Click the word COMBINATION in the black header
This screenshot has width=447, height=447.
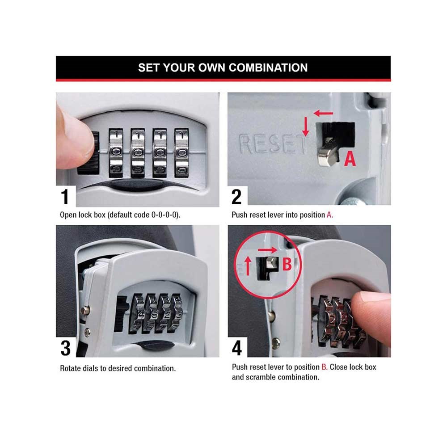pos(268,68)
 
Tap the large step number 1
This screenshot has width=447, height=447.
pos(65,197)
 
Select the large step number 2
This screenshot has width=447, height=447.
pos(236,197)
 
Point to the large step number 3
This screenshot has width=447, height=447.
pos(66,348)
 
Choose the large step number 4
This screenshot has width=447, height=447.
pos(237,348)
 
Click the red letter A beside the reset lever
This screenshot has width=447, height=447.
pos(350,159)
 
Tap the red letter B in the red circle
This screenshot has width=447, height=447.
pos(287,264)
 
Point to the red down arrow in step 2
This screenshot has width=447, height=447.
pos(306,127)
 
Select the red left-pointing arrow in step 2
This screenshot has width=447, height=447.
pos(323,114)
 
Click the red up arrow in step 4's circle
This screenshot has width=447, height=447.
pos(248,266)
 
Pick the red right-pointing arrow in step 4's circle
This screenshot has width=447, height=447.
pos(267,250)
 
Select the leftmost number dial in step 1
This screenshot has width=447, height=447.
pos(116,152)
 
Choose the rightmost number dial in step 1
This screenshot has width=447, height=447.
pos(181,152)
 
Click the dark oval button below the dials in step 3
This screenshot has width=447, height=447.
pos(156,345)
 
